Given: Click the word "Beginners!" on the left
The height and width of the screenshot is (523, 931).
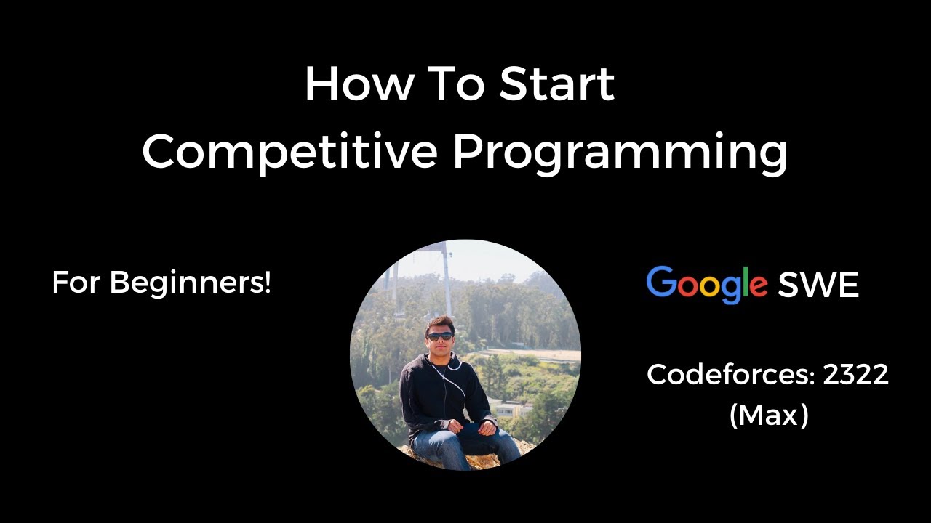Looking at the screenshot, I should point(191,283).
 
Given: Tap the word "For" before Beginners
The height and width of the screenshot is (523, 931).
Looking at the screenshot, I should point(76,283).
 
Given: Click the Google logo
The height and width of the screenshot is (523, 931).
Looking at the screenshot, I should point(706,285).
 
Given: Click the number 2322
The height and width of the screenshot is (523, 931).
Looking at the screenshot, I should point(855,376).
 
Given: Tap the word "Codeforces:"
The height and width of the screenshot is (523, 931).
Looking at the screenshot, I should point(731,376).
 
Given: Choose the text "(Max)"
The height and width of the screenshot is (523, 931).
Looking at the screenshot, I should point(769,416).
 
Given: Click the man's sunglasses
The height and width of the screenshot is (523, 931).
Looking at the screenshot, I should point(440,336).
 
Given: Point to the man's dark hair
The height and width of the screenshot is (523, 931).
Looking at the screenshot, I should point(440,323).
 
